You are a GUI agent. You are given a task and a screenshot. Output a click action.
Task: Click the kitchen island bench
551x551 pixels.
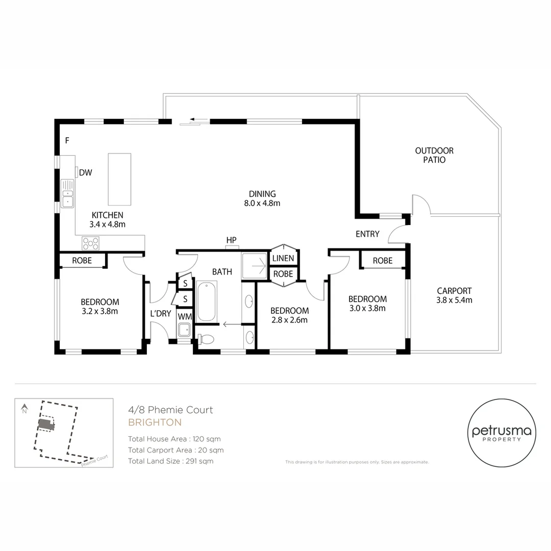coord(119,179)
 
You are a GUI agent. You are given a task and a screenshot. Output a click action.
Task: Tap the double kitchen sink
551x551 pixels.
coord(67,194)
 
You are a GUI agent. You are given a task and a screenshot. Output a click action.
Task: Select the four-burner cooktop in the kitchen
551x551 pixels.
coord(91,243)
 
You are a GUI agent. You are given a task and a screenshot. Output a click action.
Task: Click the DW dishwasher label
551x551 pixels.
coord(86,172)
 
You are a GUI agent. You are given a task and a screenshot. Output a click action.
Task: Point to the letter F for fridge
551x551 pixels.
coord(67,140)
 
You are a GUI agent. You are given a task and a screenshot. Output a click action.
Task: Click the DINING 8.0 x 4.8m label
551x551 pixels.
coord(262,198)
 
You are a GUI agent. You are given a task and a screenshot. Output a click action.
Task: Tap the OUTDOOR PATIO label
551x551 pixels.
coord(434,155)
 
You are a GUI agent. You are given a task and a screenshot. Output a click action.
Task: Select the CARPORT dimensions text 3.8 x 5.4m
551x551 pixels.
coord(454,300)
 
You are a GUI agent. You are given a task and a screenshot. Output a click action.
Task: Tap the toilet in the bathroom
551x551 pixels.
coord(207,339)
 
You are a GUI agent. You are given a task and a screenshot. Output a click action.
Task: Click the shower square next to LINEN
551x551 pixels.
coord(255,265)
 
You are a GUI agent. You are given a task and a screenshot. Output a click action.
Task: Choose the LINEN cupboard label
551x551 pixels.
coord(283,258)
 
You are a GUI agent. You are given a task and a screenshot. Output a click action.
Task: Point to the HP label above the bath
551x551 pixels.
coord(232,240)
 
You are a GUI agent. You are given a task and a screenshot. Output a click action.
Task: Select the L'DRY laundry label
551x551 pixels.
coord(160,313)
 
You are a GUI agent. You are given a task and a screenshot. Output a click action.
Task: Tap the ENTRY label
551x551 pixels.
coord(367,234)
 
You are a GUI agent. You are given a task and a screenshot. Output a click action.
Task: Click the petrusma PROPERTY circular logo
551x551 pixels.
coord(502,433)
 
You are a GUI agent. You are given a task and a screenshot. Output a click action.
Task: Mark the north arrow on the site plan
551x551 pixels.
coord(24,409)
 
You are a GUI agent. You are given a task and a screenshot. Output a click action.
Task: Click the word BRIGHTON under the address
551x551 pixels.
coord(155,422)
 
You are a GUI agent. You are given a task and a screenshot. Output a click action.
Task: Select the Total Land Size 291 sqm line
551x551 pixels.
coord(170,461)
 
